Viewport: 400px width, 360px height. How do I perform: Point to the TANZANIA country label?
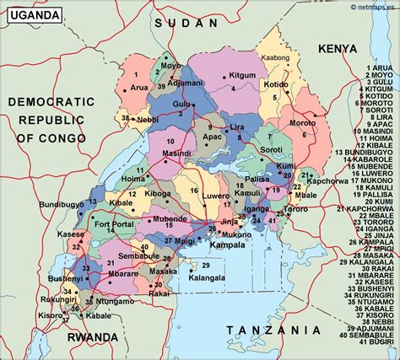(x=278, y=330)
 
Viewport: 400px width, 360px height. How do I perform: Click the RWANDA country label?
(x=93, y=337)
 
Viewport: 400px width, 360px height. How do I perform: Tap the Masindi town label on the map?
(x=178, y=154)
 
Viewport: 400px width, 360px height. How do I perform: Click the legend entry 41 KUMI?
(x=374, y=341)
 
